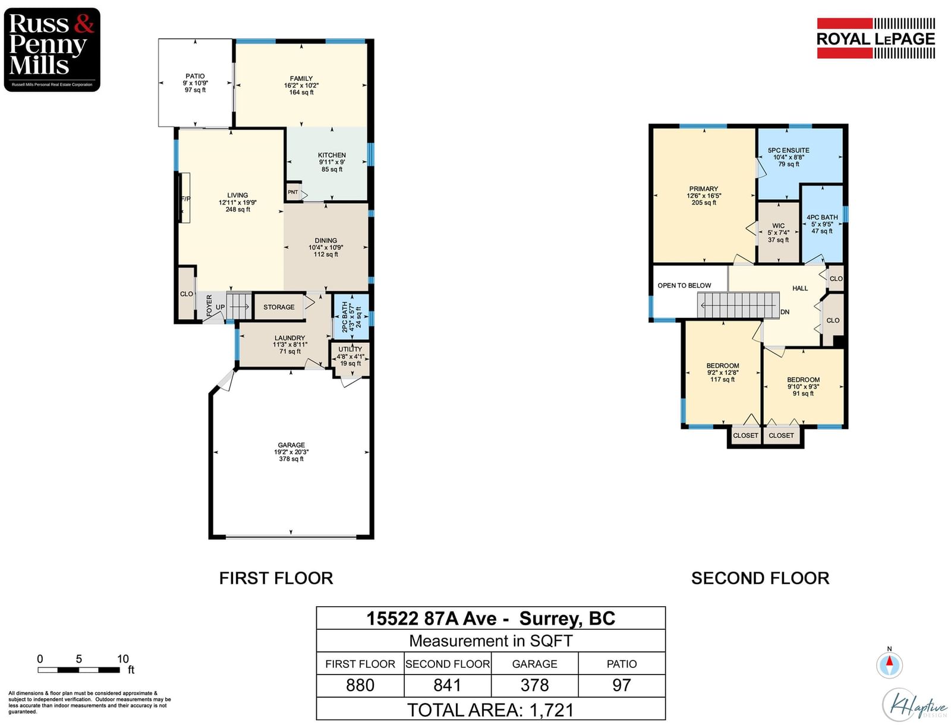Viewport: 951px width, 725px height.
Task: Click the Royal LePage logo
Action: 876,38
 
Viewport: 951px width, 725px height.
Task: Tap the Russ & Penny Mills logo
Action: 52,49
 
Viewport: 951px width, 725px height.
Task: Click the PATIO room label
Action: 195,76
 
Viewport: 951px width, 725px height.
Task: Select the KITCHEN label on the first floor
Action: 332,155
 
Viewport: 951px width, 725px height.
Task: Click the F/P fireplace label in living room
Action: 185,199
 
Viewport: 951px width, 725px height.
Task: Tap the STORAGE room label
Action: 279,307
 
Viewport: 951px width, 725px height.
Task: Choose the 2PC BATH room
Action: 351,317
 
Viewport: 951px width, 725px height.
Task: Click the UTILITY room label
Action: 350,349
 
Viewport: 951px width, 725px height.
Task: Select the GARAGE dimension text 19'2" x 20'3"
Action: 291,452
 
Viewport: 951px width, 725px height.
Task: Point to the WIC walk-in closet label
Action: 778,226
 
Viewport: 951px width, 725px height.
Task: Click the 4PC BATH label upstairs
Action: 822,218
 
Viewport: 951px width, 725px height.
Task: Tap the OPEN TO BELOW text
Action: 684,285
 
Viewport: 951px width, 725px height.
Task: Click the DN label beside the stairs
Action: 785,312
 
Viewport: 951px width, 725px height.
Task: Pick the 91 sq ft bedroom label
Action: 803,393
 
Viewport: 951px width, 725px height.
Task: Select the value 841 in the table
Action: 447,685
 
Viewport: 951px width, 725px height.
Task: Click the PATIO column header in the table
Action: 622,664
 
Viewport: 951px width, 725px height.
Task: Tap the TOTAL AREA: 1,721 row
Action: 491,710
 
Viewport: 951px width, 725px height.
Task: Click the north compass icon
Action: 889,664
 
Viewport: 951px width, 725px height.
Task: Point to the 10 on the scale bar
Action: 123,658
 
